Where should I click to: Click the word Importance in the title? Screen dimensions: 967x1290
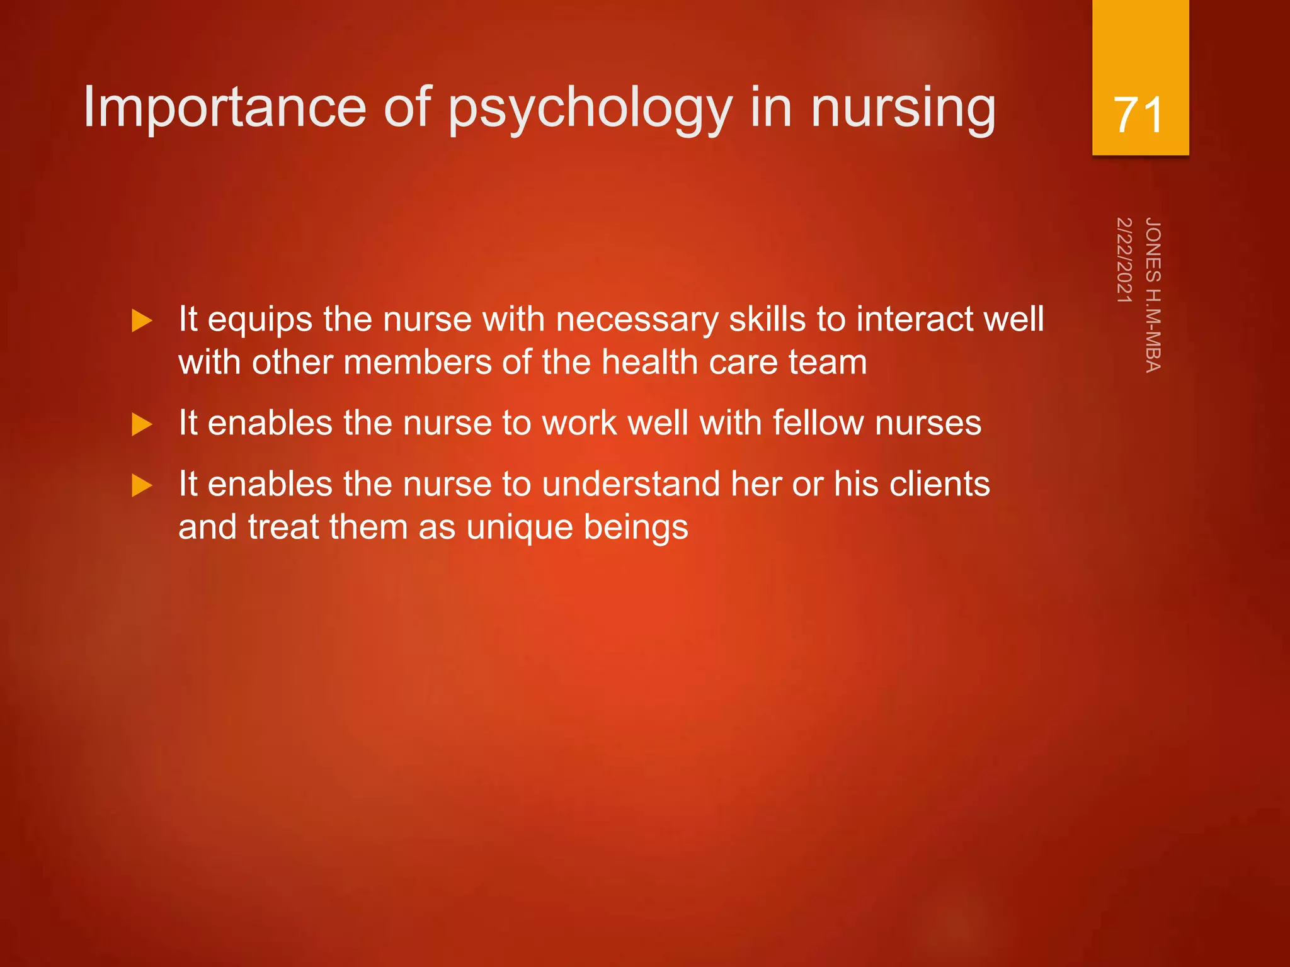(224, 108)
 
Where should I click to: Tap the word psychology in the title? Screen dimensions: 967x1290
(590, 110)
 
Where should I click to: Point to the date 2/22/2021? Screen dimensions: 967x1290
(1124, 260)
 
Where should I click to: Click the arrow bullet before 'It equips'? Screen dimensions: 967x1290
(142, 321)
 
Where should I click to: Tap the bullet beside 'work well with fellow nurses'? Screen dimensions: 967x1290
(142, 424)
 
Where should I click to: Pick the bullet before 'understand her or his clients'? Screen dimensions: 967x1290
(142, 485)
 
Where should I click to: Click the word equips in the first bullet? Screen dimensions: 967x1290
(260, 320)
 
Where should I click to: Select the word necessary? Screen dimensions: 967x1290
(637, 320)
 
